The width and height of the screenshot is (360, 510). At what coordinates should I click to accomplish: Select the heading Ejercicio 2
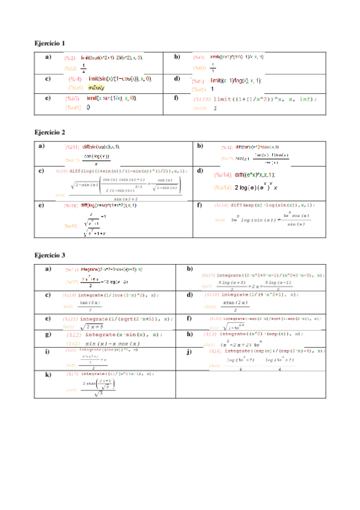(50, 132)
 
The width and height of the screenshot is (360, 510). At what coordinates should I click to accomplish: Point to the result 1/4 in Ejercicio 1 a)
(83, 67)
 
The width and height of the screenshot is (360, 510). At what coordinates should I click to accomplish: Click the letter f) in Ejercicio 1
(175, 98)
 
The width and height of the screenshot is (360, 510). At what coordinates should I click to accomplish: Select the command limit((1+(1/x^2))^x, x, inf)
(264, 99)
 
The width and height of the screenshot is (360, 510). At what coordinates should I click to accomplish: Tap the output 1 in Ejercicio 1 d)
(212, 88)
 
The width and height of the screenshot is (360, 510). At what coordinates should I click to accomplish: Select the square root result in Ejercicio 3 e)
(93, 327)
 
